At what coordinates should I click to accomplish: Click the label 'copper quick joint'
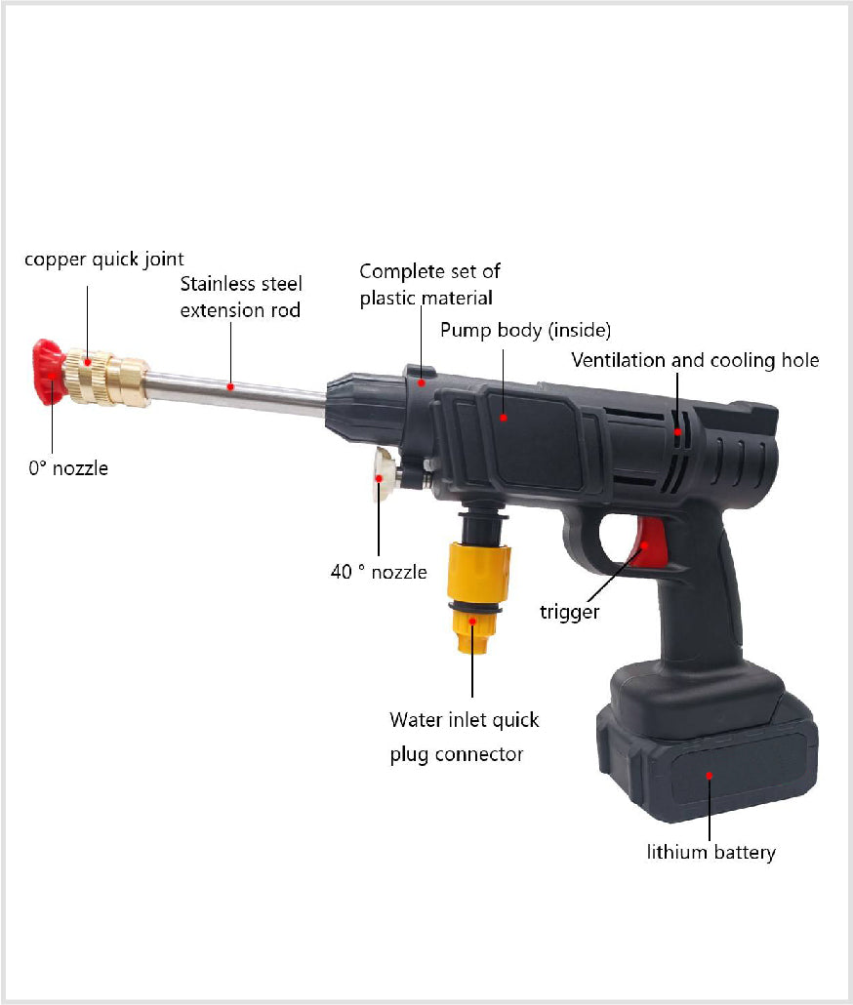tap(104, 259)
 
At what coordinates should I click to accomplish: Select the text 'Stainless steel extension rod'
tap(241, 297)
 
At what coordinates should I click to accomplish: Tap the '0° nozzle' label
tap(68, 468)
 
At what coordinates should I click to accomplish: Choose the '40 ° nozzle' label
tap(379, 572)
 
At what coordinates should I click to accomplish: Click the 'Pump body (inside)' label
tap(525, 329)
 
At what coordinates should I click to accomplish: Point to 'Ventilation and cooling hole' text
tap(695, 360)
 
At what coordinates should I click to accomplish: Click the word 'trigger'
tap(570, 612)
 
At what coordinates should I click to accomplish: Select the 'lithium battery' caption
tap(711, 852)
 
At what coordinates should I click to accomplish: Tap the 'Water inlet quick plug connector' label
tap(465, 737)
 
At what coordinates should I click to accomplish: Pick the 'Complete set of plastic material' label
tap(429, 284)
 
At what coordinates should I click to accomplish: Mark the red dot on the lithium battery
tap(710, 776)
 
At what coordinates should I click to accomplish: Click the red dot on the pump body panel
tap(504, 418)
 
